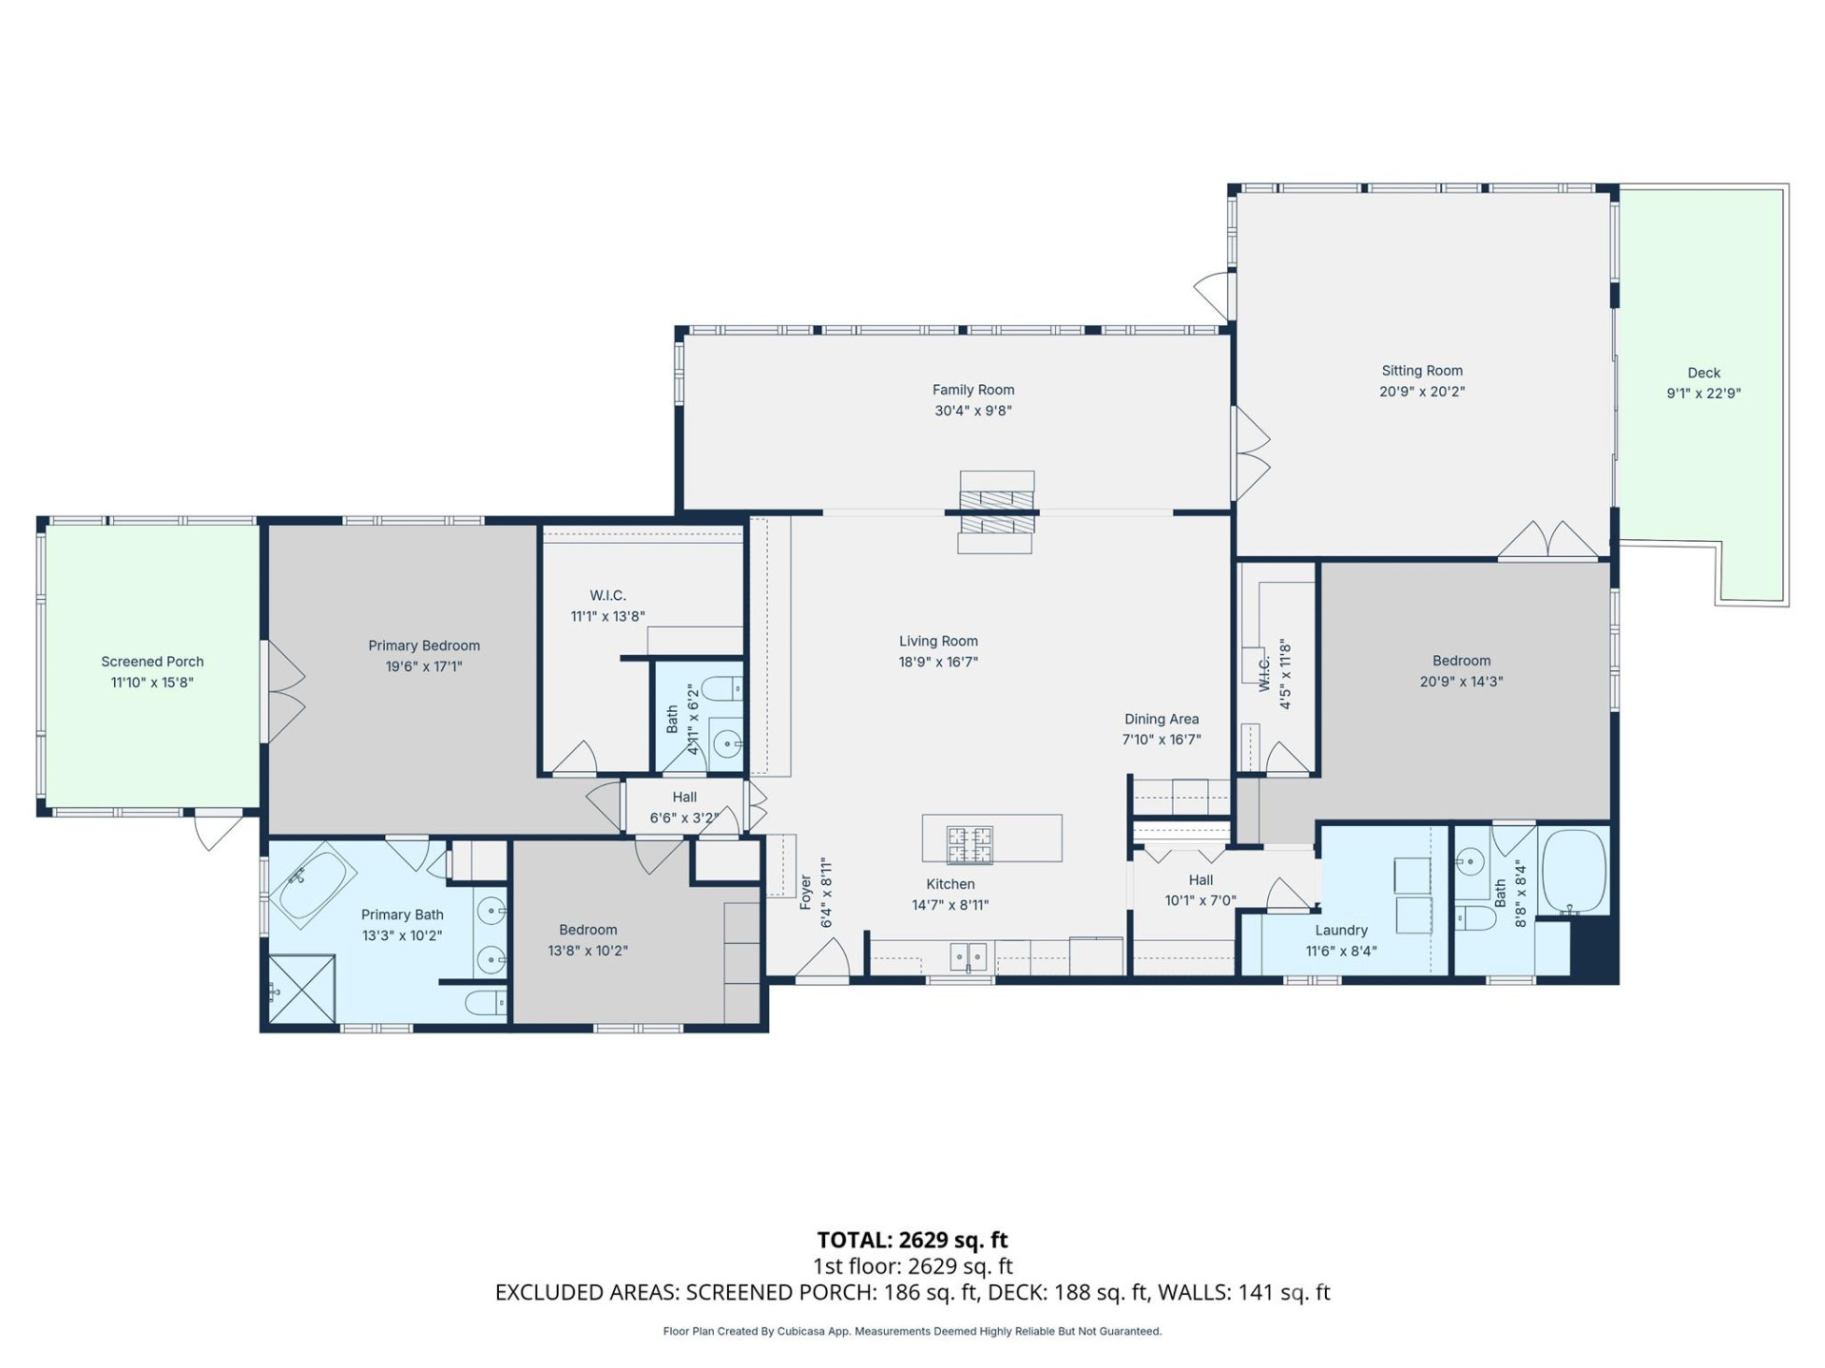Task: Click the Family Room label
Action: click(972, 390)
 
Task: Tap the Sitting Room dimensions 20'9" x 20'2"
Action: click(1422, 392)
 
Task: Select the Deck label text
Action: click(1703, 373)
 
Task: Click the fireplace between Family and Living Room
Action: click(995, 511)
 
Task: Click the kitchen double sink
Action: click(969, 954)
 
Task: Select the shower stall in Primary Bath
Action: click(302, 990)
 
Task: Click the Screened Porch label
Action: click(152, 662)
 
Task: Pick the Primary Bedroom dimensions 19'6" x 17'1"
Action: click(424, 666)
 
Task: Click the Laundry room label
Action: click(1341, 931)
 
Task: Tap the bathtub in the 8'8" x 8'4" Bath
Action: click(1573, 871)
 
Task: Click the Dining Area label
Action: click(1162, 720)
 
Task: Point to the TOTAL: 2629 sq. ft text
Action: click(912, 1240)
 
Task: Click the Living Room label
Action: click(938, 642)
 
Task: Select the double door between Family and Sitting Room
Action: click(1249, 454)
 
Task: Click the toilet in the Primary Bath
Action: click(486, 1002)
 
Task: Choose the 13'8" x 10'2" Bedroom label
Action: click(587, 930)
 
